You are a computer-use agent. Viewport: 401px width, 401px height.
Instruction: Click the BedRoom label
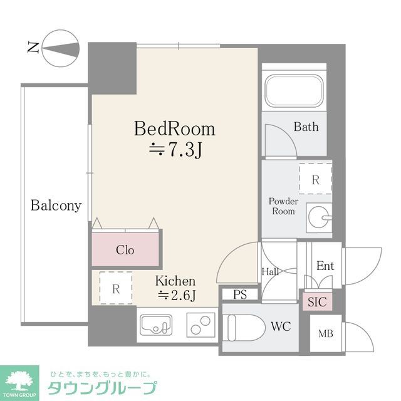click(175, 129)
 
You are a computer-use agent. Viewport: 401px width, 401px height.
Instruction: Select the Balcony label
click(56, 206)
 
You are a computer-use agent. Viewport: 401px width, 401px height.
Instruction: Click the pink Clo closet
click(125, 249)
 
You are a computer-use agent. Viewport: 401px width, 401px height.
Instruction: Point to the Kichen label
click(175, 281)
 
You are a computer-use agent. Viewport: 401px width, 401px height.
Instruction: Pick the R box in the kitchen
click(116, 289)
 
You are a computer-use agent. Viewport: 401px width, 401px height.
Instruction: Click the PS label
click(239, 294)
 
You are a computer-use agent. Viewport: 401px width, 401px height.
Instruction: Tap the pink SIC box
click(318, 301)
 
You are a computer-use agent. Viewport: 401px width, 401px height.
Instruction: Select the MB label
click(325, 333)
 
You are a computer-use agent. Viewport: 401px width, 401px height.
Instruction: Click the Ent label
click(325, 266)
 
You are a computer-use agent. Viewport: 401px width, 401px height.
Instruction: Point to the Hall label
click(270, 271)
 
